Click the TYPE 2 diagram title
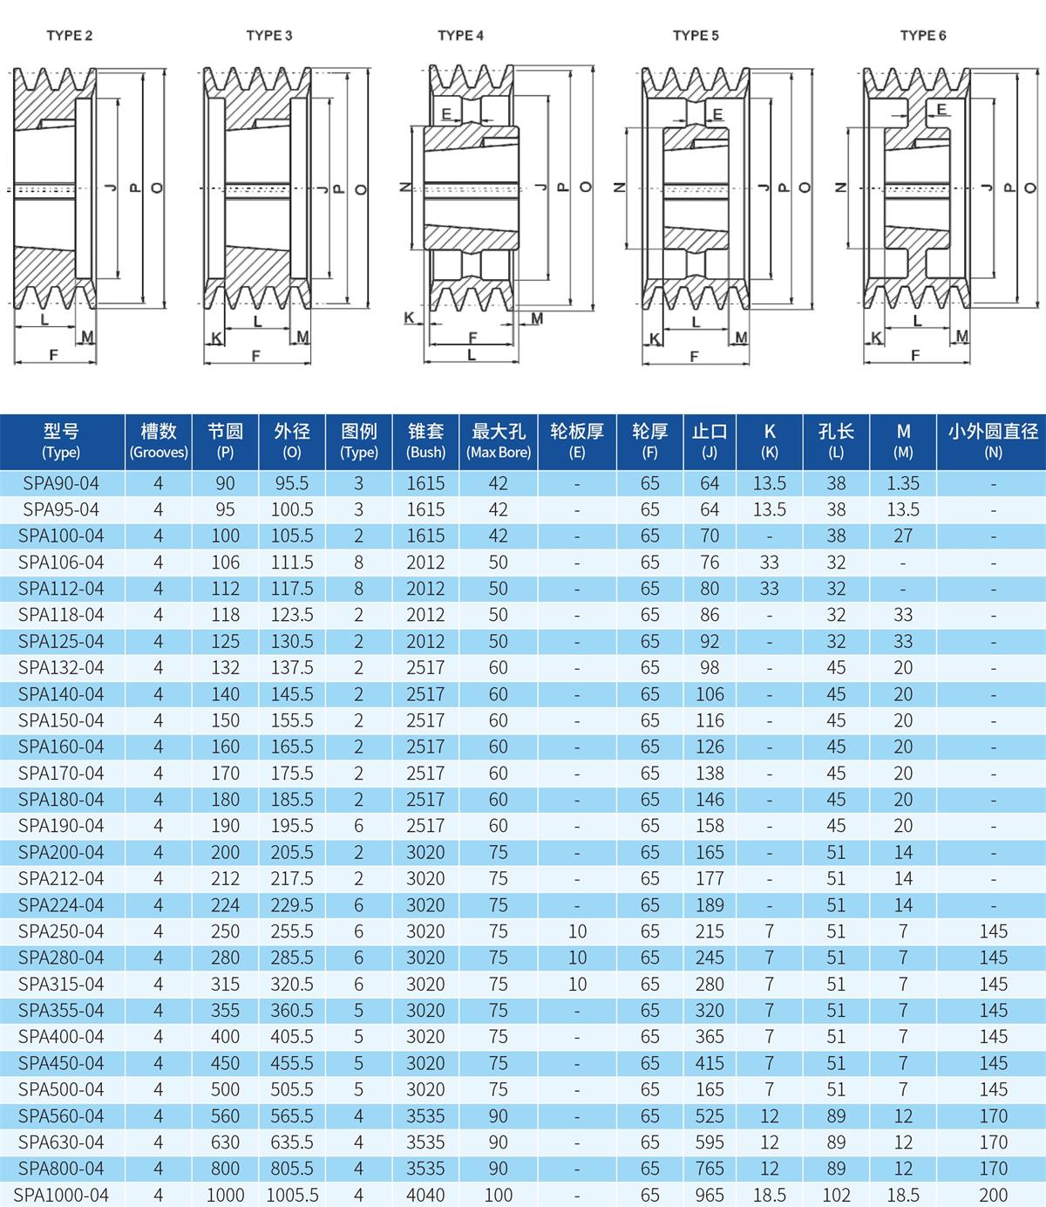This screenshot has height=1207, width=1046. click(x=70, y=36)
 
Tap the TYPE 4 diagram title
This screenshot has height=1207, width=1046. click(x=461, y=36)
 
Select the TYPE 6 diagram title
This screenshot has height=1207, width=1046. click(x=923, y=36)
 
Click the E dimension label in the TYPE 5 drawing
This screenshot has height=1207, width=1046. click(x=718, y=115)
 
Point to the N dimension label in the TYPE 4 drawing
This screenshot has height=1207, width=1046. click(x=404, y=188)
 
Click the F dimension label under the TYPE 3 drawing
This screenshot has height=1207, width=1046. click(x=256, y=356)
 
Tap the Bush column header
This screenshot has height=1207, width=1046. click(x=425, y=440)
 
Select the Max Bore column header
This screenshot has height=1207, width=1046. click(x=498, y=440)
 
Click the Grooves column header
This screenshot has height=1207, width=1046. click(x=158, y=440)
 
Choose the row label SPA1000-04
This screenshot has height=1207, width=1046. click(x=63, y=1195)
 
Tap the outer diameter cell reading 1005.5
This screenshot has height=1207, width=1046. click(x=292, y=1195)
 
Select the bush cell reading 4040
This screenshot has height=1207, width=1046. click(x=425, y=1195)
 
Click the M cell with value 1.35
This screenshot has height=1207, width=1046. click(x=903, y=483)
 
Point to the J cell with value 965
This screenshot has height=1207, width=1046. click(x=710, y=1195)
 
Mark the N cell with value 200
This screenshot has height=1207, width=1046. click(x=993, y=1195)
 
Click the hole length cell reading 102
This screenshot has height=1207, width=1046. click(x=836, y=1195)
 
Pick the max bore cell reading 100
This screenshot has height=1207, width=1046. click(x=498, y=1195)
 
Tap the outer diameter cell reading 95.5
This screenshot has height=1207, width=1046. click(x=292, y=483)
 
